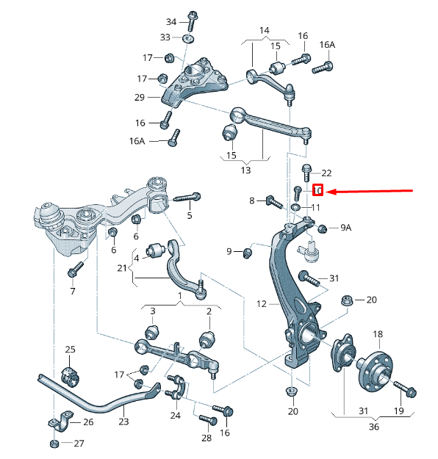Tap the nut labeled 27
pos(56,444)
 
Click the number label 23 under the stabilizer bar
pos(123,422)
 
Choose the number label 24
pos(175,415)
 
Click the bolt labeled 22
pos(307,172)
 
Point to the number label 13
pos(245,170)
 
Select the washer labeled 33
pos(188,37)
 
